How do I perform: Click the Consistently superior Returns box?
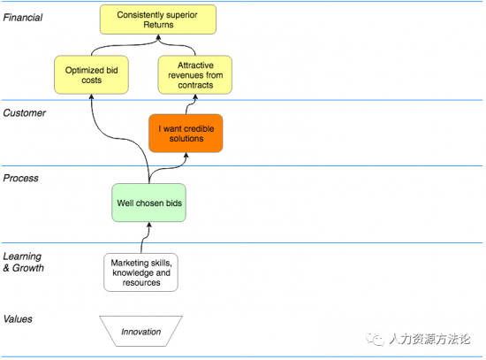158,19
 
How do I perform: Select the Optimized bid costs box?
91,75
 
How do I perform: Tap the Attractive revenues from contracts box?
195,75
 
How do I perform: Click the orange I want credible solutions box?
186,134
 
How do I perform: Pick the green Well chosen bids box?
149,203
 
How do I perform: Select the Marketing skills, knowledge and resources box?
141,272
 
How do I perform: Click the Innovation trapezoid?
141,331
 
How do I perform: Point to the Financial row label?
23,18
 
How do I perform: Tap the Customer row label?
25,113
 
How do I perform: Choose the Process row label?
21,178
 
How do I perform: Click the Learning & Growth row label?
24,262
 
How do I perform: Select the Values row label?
18,319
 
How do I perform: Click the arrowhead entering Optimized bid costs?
91,96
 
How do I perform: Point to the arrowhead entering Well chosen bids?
149,225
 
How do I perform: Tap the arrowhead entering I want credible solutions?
186,155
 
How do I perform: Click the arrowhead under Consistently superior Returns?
158,37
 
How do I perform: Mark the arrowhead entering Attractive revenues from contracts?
195,96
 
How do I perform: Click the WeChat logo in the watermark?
375,339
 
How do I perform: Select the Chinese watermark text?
429,339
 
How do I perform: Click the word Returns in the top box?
158,25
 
